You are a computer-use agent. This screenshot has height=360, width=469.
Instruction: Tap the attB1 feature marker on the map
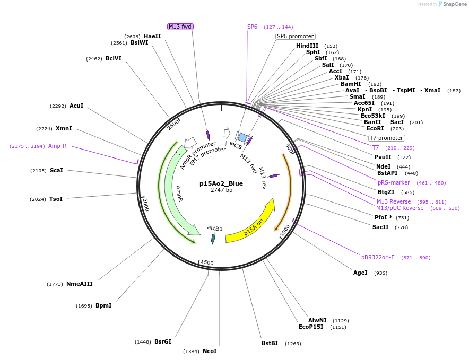pyautogui.click(x=213, y=239)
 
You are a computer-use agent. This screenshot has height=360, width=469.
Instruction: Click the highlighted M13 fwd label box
pyautogui.click(x=179, y=27)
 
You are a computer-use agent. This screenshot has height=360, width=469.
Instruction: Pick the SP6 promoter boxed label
pyautogui.click(x=296, y=36)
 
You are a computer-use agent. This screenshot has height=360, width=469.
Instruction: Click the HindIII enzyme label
pyautogui.click(x=307, y=46)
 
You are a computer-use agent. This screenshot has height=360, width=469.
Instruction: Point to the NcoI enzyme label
pyautogui.click(x=210, y=351)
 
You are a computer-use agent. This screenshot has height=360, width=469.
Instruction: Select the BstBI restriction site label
pyautogui.click(x=270, y=343)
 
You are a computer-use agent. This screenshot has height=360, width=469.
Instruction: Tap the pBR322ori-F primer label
pyautogui.click(x=378, y=257)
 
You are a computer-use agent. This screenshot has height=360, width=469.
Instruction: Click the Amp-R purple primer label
pyautogui.click(x=57, y=146)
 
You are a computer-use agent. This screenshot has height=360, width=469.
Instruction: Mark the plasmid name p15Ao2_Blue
pyautogui.click(x=221, y=183)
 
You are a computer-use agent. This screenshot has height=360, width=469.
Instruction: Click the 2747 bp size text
pyautogui.click(x=221, y=190)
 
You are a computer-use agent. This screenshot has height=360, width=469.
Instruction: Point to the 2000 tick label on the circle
pyautogui.click(x=145, y=204)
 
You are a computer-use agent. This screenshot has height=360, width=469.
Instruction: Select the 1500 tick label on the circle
pyautogui.click(x=207, y=262)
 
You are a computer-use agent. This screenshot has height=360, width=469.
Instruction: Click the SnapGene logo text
pyautogui.click(x=455, y=4)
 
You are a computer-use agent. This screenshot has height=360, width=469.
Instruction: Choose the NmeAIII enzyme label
pyautogui.click(x=80, y=284)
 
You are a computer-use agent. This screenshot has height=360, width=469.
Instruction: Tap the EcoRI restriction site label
pyautogui.click(x=375, y=128)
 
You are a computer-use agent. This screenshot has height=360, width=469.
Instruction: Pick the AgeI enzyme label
pyautogui.click(x=360, y=273)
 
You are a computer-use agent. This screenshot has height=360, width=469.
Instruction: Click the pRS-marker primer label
pyautogui.click(x=394, y=182)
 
